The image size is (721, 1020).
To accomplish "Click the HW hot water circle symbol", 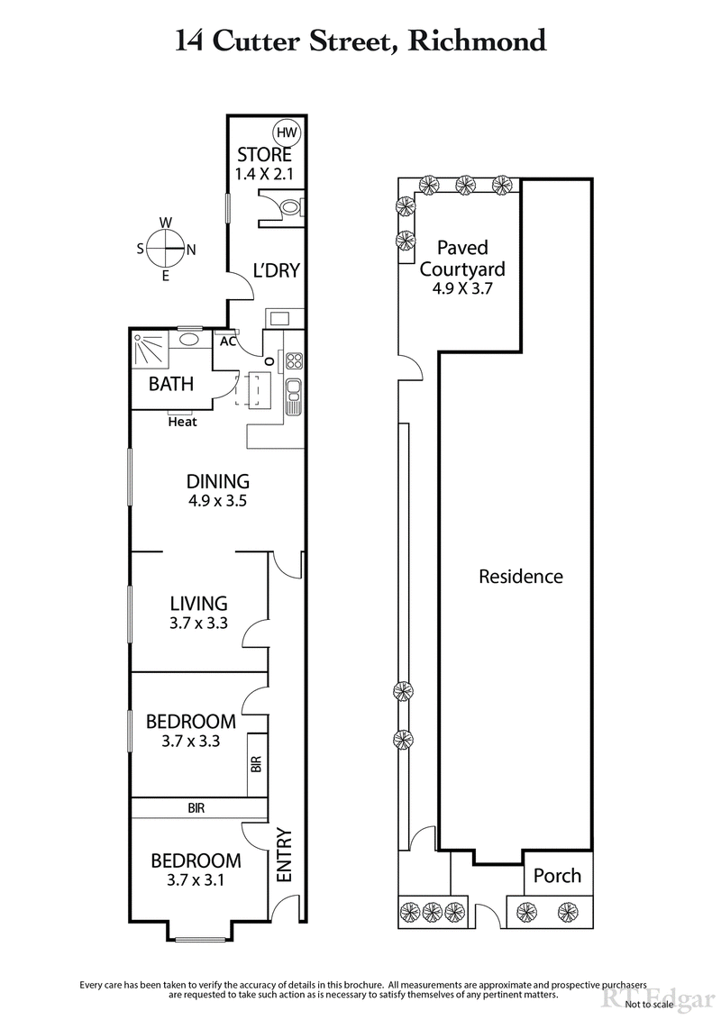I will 287,132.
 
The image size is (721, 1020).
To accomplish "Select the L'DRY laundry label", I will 276,270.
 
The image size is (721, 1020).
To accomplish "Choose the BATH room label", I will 171,385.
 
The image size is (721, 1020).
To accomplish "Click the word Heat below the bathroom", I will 182,421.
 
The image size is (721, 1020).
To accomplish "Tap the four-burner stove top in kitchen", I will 294,362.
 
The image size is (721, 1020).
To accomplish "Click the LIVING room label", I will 199,604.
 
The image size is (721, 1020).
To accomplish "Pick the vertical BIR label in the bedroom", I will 256,765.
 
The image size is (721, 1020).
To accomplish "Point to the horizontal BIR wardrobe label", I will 196,808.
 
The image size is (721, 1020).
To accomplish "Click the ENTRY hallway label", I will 283,855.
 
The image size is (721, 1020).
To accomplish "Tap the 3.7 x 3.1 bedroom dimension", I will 196,879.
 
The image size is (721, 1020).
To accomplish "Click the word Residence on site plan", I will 520,577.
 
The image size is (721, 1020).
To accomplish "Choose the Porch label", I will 557,876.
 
